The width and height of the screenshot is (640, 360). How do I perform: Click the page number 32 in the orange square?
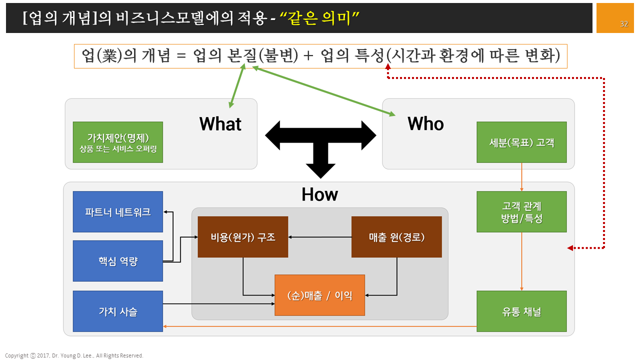click(624, 24)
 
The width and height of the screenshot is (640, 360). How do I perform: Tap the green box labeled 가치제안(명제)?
click(118, 142)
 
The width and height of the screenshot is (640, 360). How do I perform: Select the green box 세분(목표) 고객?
click(521, 142)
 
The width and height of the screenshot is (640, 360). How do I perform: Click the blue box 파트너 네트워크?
click(118, 211)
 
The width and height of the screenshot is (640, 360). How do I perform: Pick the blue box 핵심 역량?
click(118, 261)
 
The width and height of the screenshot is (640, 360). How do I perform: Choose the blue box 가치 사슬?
click(118, 311)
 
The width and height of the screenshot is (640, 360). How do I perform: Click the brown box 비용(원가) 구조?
click(243, 237)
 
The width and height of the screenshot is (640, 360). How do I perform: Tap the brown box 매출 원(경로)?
click(396, 237)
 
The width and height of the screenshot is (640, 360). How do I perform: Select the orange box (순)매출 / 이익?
click(320, 295)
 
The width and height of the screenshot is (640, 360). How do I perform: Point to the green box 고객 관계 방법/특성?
click(521, 211)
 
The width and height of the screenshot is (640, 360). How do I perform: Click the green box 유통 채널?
click(521, 311)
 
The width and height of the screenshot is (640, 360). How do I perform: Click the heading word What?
click(220, 124)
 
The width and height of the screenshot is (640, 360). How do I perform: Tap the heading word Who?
click(425, 123)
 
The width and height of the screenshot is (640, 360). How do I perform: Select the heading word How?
click(320, 194)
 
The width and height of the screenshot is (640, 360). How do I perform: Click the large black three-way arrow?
click(320, 137)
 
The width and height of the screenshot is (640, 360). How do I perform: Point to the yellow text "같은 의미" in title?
click(320, 18)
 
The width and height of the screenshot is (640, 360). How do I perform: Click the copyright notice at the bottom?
click(74, 355)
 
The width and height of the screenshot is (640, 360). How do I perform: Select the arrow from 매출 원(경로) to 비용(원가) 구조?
click(320, 237)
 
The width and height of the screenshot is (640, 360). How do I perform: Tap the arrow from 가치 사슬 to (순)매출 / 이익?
click(219, 303)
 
